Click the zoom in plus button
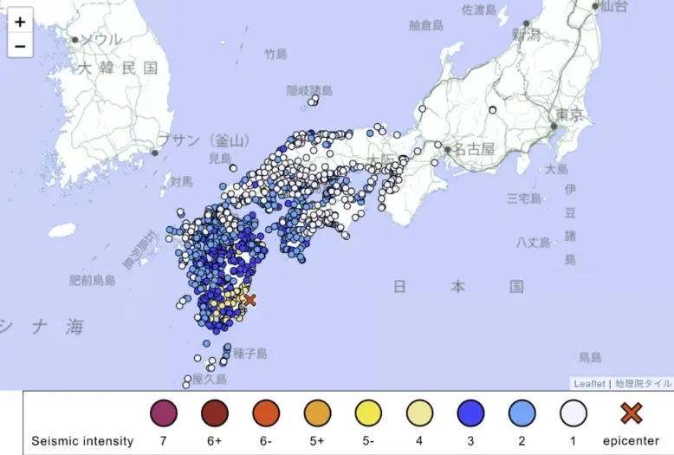click(x=20, y=23)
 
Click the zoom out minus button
click(x=20, y=46)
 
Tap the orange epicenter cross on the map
click(x=250, y=300)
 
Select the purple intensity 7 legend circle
click(x=163, y=413)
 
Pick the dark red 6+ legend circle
click(x=215, y=413)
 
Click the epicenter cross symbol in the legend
click(x=632, y=413)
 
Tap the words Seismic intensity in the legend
click(x=82, y=441)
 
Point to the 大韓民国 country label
click(x=118, y=68)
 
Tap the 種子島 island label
click(x=250, y=354)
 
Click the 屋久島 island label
click(x=209, y=380)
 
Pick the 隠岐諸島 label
click(x=309, y=90)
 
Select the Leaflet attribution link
click(x=589, y=383)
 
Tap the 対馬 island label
click(x=181, y=182)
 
